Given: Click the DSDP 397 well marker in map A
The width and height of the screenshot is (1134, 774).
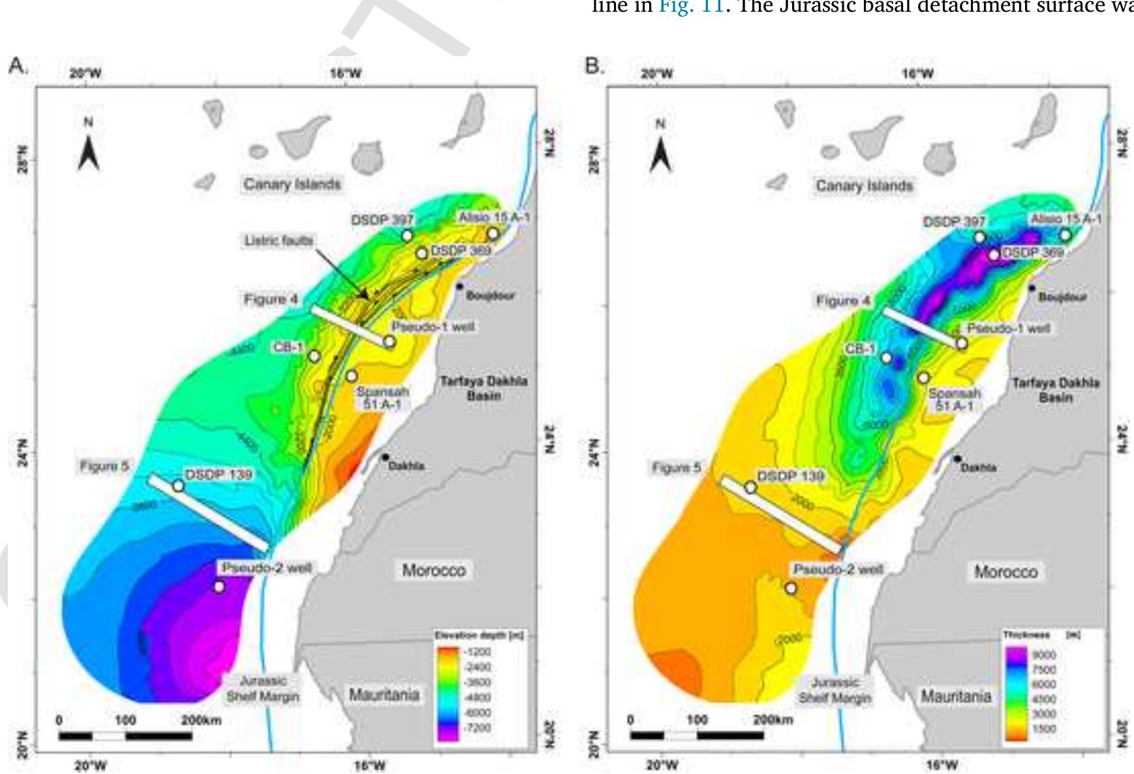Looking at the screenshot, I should pyautogui.click(x=408, y=235).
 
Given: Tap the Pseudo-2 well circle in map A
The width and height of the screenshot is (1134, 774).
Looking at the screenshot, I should pyautogui.click(x=219, y=587).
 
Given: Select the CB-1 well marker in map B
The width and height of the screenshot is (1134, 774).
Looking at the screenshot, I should pyautogui.click(x=886, y=358).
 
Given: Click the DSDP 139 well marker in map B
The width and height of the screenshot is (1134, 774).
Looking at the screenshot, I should pyautogui.click(x=750, y=487).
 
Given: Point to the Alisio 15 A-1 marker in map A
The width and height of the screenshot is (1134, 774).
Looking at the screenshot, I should pyautogui.click(x=493, y=234).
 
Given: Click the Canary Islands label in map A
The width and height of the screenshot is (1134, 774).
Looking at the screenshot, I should pyautogui.click(x=292, y=184).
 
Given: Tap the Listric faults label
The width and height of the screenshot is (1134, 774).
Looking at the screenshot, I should pyautogui.click(x=279, y=241).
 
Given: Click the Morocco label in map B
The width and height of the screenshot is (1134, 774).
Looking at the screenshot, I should pyautogui.click(x=1005, y=572).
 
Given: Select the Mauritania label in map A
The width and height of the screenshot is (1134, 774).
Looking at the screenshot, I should pyautogui.click(x=384, y=694).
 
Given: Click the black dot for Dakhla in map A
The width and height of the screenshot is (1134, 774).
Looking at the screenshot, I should pyautogui.click(x=386, y=457).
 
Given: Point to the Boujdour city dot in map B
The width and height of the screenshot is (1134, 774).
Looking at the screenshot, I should pyautogui.click(x=1032, y=288).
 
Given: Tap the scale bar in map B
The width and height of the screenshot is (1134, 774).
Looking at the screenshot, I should pyautogui.click(x=696, y=735).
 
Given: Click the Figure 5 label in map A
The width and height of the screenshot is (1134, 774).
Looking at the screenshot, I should pyautogui.click(x=104, y=467).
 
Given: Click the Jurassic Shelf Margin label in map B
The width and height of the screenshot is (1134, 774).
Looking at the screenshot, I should pyautogui.click(x=835, y=690).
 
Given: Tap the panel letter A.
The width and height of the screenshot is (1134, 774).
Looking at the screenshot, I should pyautogui.click(x=16, y=66).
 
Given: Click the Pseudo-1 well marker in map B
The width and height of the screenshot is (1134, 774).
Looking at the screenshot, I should pyautogui.click(x=962, y=343).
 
